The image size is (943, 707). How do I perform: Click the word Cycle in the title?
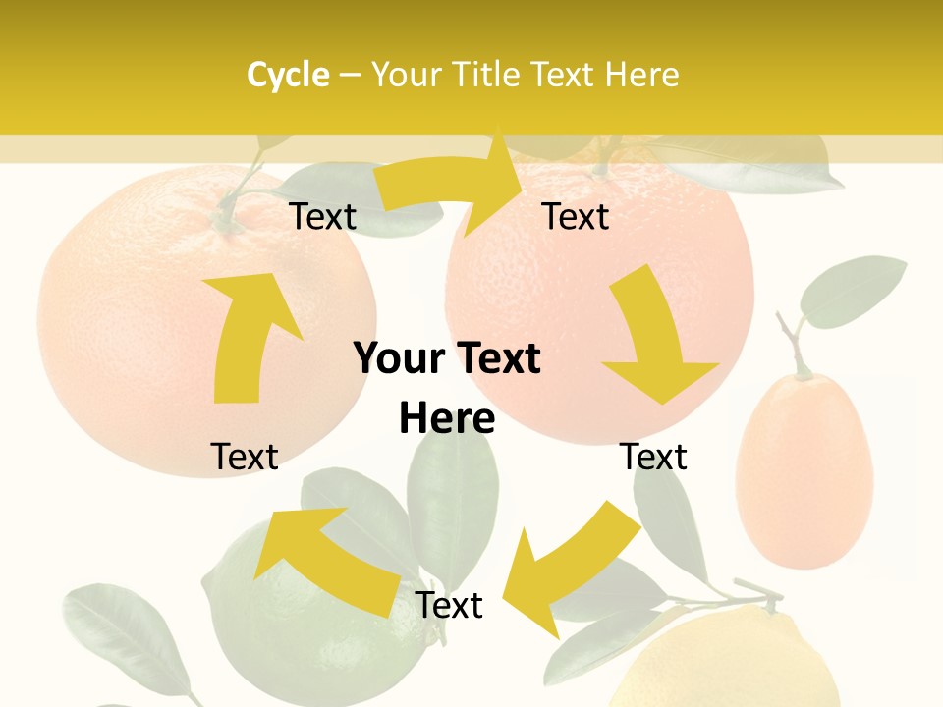(x=288, y=75)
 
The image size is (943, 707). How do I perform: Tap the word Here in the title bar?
(x=640, y=75)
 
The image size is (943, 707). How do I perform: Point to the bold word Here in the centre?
(x=447, y=419)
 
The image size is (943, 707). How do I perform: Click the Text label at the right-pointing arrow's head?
(x=576, y=216)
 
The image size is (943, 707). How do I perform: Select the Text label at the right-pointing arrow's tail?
(x=323, y=217)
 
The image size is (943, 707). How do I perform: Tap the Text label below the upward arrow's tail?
(x=245, y=457)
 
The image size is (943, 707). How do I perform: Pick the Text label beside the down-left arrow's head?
(x=449, y=605)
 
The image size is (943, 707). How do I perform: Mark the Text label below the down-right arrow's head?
(x=653, y=457)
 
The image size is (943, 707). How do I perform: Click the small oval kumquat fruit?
(x=804, y=471)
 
